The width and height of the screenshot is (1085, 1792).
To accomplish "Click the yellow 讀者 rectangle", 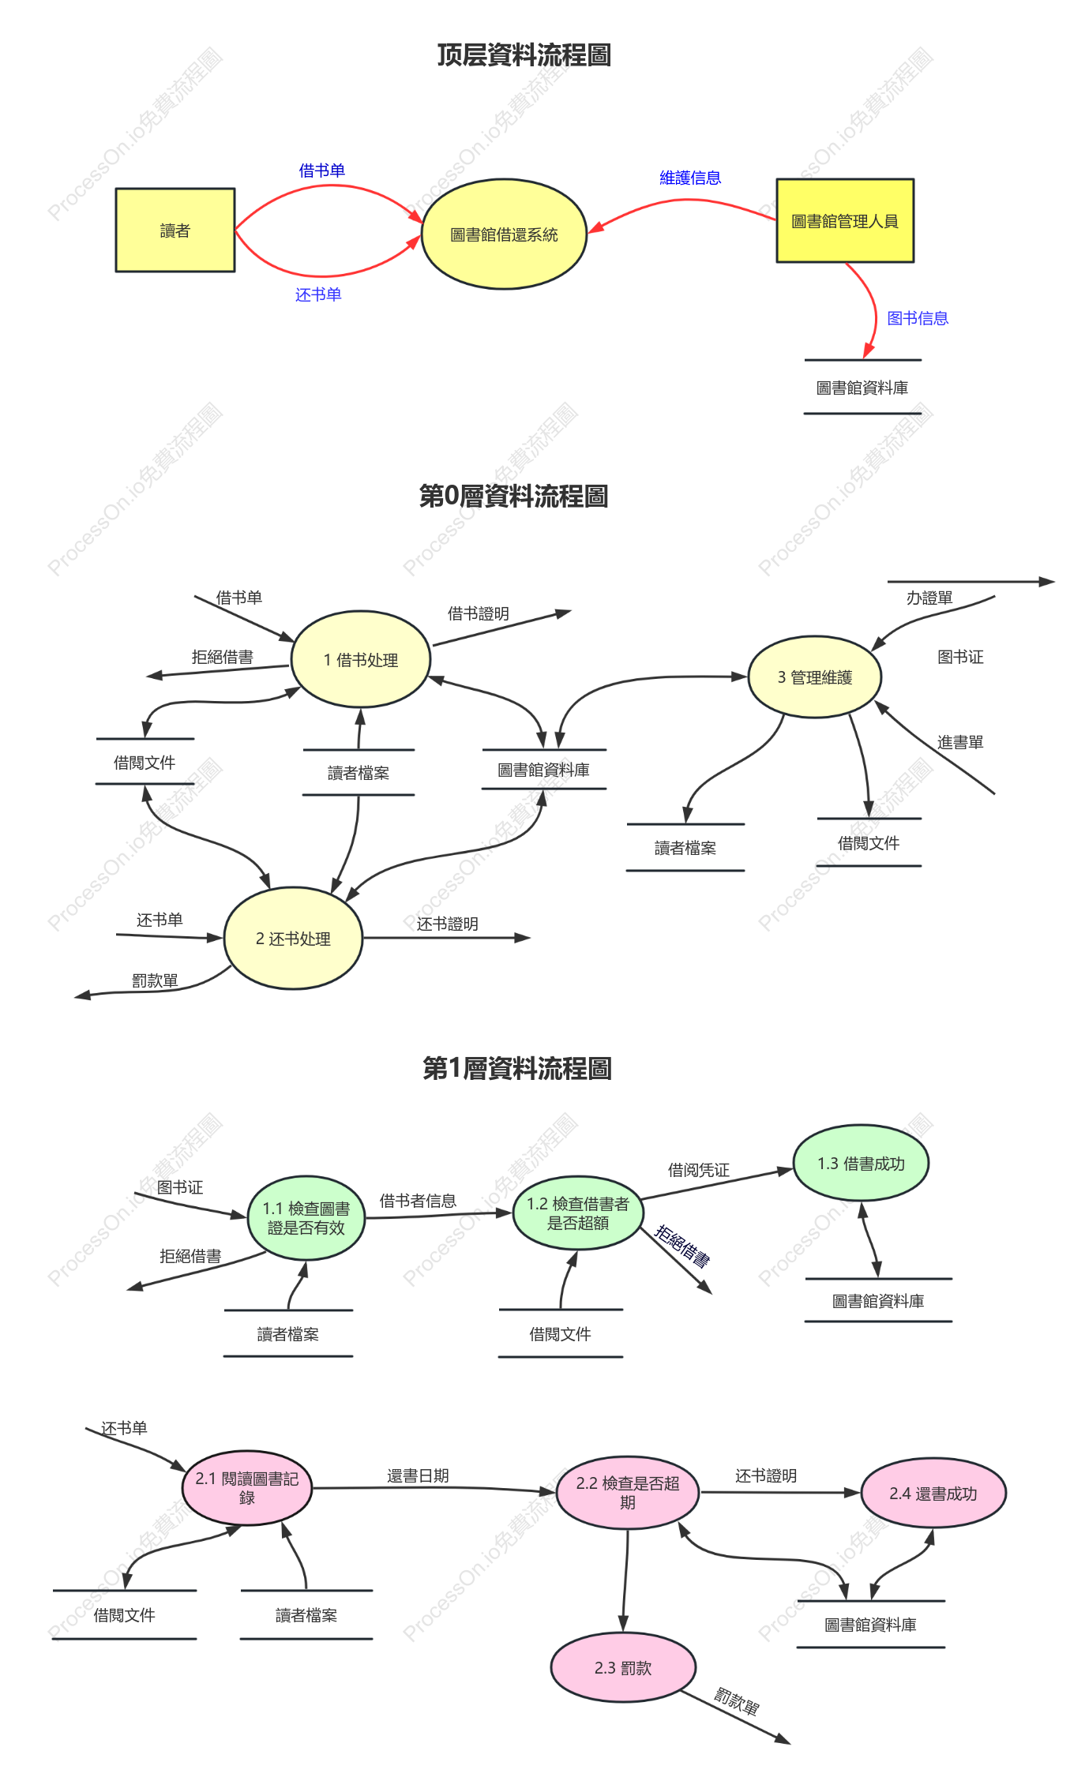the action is point(175,230).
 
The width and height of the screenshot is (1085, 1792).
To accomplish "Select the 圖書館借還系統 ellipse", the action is point(504,234).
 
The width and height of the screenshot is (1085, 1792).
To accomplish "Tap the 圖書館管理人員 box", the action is point(845,221).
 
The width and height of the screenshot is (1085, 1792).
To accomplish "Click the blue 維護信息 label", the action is point(690,178).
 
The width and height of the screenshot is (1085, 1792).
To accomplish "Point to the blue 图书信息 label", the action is point(918,318).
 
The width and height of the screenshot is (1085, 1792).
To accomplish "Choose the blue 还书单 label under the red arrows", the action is point(318,294).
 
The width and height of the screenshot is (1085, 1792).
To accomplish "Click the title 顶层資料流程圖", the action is point(524,54).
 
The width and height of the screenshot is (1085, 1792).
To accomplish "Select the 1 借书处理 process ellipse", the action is point(361,659).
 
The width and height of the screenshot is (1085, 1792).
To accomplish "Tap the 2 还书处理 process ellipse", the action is point(293,939).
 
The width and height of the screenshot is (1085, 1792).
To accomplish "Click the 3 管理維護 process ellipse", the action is point(815,677).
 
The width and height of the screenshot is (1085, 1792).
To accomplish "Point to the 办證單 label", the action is point(929,598).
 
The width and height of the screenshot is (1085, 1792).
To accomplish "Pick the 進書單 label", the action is point(960,742).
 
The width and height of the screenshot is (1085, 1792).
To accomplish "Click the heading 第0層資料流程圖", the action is point(514,496).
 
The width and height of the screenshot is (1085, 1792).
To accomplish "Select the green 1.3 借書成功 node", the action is point(861,1163).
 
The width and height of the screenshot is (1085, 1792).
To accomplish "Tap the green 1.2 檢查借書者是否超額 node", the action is point(578,1213).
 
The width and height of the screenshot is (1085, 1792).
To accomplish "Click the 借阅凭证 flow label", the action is point(699,1170).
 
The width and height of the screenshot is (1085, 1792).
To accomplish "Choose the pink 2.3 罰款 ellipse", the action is point(623,1667).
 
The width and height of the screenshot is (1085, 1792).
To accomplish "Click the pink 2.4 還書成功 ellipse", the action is point(933,1493).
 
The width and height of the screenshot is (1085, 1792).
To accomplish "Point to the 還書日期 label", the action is point(418,1475).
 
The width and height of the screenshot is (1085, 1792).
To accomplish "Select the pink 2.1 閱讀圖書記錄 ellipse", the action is point(247,1488).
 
